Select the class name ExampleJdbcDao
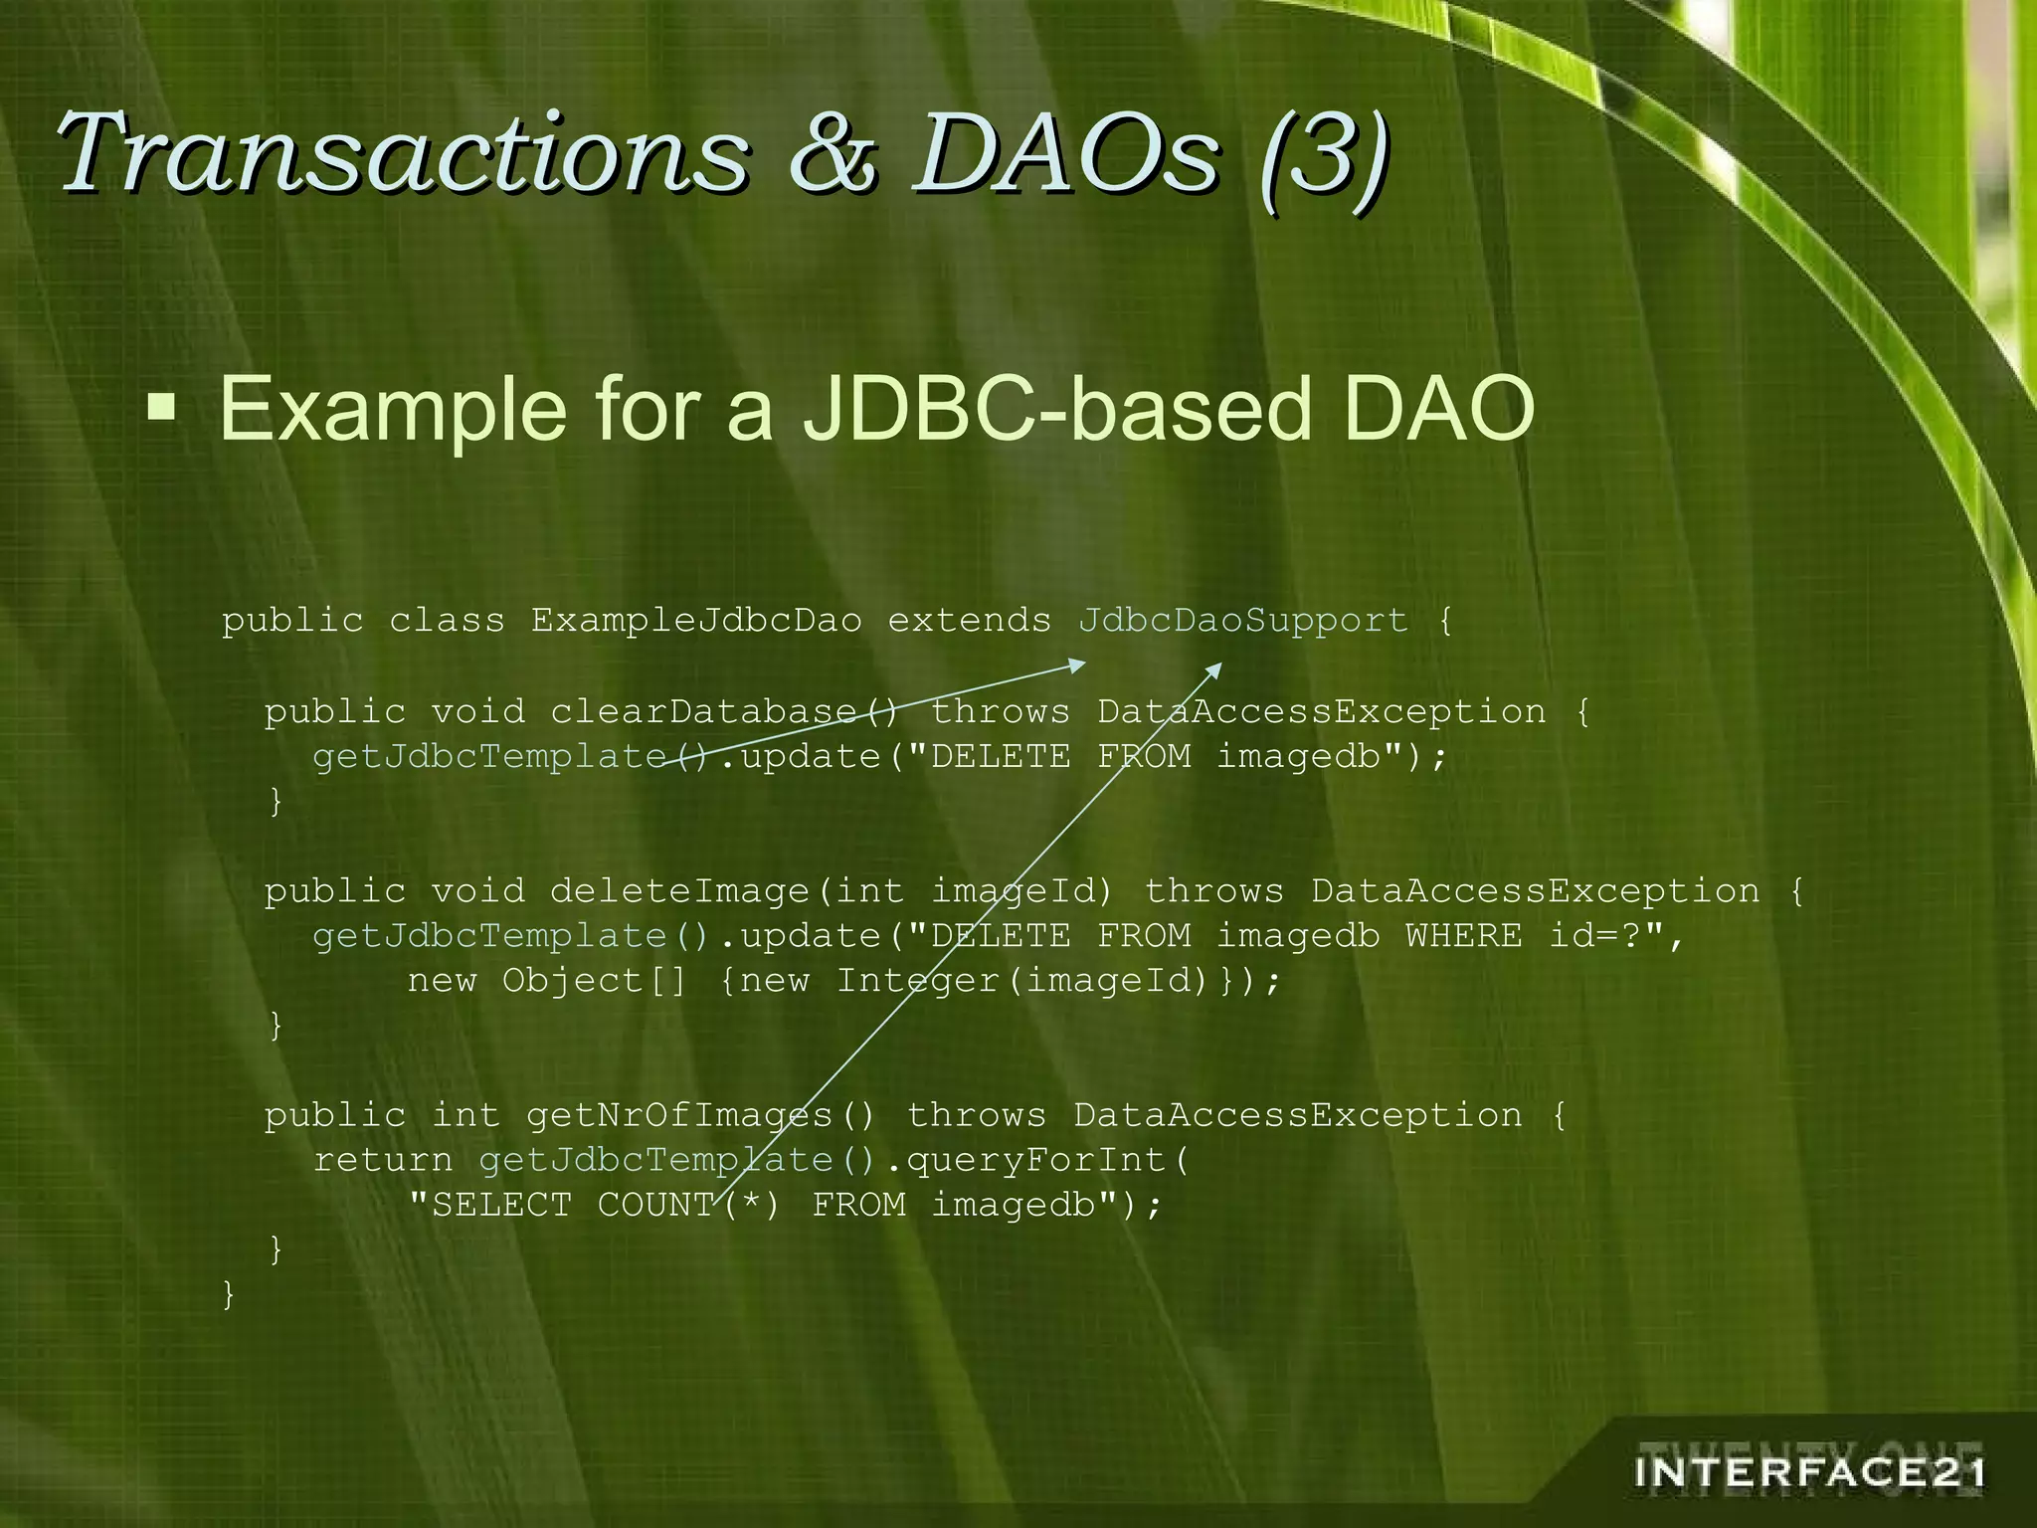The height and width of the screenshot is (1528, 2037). point(695,621)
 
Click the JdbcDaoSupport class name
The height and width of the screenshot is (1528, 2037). point(1242,621)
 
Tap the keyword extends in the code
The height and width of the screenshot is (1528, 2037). point(969,621)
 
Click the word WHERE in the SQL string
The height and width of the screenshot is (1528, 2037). point(1463,936)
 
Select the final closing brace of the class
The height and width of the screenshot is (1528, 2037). point(229,1294)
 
